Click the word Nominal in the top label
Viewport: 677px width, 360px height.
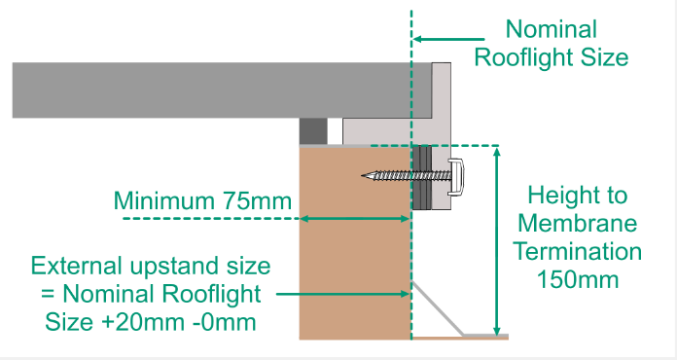point(551,29)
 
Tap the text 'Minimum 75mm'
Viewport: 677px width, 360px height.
point(202,201)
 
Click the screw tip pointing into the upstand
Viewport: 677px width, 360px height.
point(364,176)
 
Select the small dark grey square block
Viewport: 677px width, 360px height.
point(312,129)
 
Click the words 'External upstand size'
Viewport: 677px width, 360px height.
point(150,266)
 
